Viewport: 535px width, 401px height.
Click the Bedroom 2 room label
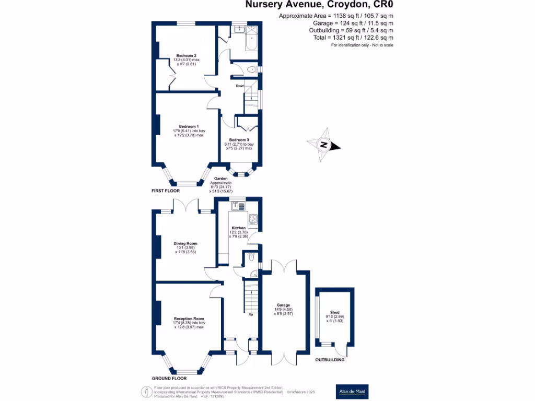[x=186, y=55]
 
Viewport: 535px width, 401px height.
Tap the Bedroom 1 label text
[x=189, y=126]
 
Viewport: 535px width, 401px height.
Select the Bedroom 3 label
[x=239, y=139]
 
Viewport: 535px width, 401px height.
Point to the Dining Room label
[x=185, y=243]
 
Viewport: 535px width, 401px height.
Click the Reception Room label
[x=189, y=319]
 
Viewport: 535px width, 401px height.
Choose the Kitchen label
[x=238, y=228]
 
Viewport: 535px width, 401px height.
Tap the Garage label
[x=283, y=305]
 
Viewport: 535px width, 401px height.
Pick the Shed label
[x=333, y=312]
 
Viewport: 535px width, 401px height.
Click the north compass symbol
[x=324, y=145]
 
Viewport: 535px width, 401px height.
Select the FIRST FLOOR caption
[x=166, y=191]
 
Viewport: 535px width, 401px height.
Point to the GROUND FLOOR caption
[x=169, y=378]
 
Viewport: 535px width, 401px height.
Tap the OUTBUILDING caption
[x=329, y=360]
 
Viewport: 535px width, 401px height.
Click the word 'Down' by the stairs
[x=240, y=86]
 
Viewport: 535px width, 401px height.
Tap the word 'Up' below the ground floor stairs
[x=251, y=315]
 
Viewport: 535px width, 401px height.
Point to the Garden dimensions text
[x=220, y=185]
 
